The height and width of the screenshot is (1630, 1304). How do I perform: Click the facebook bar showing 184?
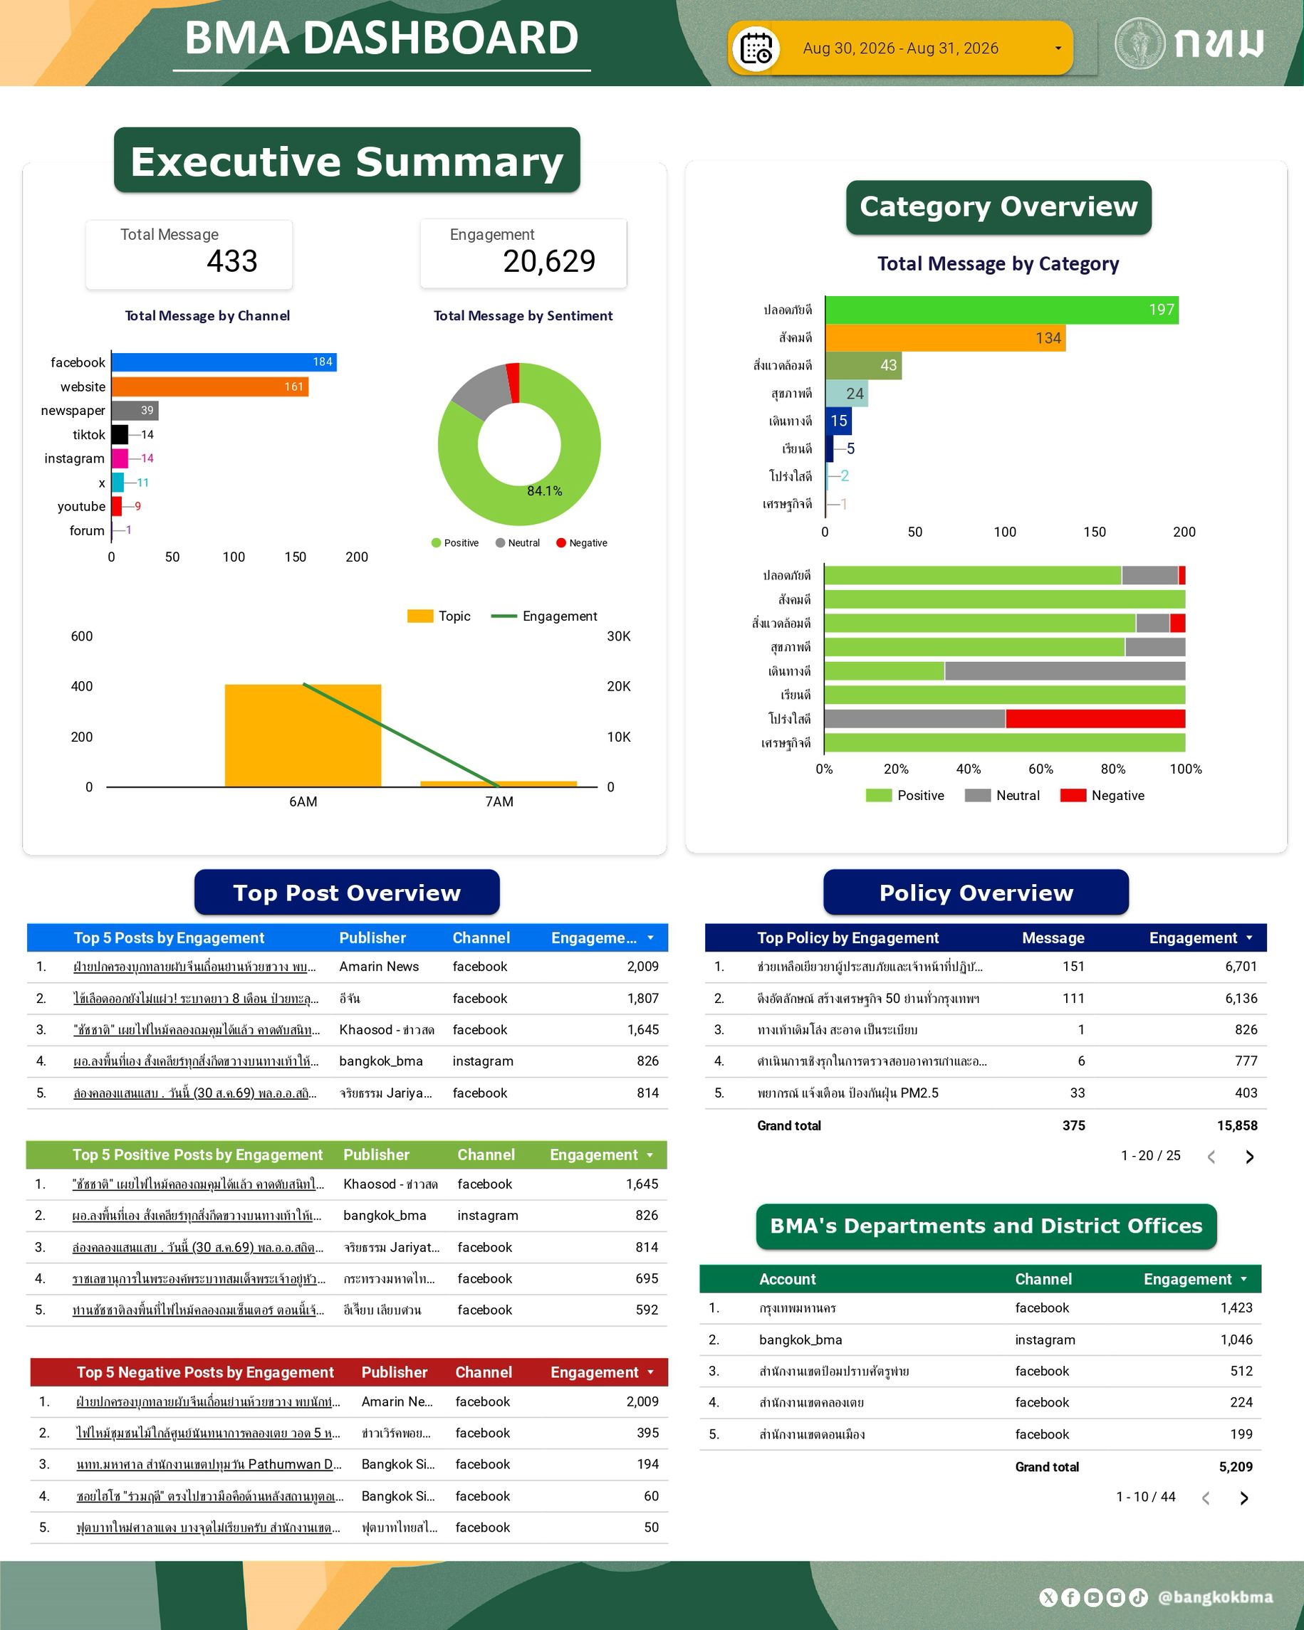tap(224, 362)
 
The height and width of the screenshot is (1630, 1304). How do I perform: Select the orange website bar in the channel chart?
tap(210, 387)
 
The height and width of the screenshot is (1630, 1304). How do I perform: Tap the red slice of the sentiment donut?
tap(513, 382)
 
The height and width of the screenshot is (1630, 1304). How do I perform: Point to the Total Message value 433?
tap(232, 262)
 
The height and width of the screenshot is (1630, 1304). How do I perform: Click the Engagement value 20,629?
tap(549, 262)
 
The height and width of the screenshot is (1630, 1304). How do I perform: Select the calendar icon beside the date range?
tap(756, 49)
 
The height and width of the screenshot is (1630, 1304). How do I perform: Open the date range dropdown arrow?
tap(1058, 48)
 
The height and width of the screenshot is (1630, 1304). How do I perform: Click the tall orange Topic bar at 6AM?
tap(303, 735)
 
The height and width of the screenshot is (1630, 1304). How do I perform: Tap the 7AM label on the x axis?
tap(499, 801)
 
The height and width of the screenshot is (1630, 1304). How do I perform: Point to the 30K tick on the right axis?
tap(619, 636)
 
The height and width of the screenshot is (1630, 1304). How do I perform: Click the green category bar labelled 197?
tap(1001, 310)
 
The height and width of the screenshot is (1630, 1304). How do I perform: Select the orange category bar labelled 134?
tap(946, 338)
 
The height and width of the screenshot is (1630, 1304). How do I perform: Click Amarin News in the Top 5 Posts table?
tap(379, 966)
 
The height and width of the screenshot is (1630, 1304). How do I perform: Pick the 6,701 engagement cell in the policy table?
tap(1241, 966)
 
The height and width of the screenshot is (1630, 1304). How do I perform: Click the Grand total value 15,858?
tap(1238, 1126)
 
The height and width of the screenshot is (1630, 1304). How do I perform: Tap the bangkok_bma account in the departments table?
tap(800, 1340)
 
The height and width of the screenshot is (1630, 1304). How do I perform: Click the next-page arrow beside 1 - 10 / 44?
tap(1244, 1498)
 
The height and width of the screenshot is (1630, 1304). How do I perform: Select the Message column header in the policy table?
tap(1053, 938)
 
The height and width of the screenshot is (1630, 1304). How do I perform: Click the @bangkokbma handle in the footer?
tap(1216, 1597)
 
